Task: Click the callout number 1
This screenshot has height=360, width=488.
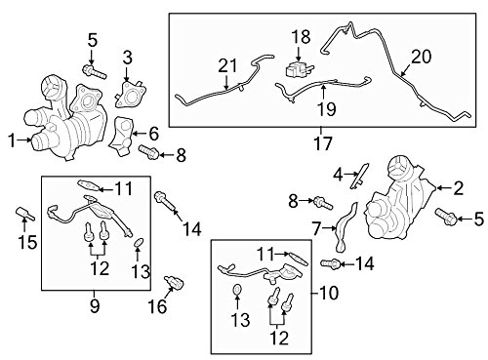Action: click(x=12, y=140)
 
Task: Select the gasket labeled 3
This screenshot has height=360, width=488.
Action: click(x=130, y=95)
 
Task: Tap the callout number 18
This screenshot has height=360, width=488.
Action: click(x=301, y=37)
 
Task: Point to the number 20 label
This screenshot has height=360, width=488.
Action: click(x=421, y=57)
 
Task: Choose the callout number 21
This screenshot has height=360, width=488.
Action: click(x=227, y=65)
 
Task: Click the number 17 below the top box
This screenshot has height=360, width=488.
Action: click(x=323, y=143)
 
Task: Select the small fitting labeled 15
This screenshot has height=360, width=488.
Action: click(x=25, y=214)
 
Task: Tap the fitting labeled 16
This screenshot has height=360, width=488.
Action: click(x=175, y=282)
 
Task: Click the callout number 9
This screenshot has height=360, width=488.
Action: click(x=95, y=305)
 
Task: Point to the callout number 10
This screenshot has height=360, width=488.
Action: click(x=329, y=293)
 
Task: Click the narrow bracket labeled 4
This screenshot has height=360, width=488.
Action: click(x=359, y=176)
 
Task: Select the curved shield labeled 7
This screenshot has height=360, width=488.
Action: click(x=346, y=227)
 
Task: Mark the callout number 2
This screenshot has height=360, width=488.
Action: click(x=458, y=188)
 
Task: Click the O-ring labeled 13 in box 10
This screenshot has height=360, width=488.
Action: click(x=237, y=289)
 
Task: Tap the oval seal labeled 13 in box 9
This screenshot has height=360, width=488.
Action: click(x=139, y=243)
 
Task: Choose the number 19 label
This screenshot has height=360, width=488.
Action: click(x=326, y=108)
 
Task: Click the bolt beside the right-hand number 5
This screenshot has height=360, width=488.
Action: click(x=446, y=217)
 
